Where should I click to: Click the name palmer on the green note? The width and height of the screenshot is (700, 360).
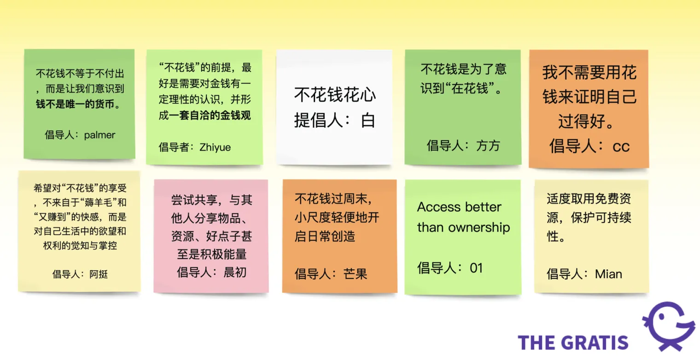[99, 135]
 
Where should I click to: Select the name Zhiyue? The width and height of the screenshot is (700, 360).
[215, 147]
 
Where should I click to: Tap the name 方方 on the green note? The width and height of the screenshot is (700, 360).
[488, 145]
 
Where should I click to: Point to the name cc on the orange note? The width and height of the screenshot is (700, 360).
[621, 146]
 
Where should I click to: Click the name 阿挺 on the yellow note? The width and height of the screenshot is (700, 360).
[99, 274]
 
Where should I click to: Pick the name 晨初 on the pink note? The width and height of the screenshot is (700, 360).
[235, 272]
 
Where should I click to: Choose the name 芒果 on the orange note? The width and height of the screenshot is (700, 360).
[355, 274]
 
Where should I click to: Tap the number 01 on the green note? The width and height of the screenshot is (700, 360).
[476, 268]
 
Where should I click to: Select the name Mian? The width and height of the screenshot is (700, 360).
[608, 274]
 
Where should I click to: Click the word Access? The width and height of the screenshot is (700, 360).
[439, 207]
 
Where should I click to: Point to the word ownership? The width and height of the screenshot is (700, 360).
[479, 228]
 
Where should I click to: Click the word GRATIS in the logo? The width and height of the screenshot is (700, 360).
[595, 343]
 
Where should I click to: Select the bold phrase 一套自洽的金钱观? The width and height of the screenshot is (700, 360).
[210, 116]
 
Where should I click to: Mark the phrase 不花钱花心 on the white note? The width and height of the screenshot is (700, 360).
[335, 95]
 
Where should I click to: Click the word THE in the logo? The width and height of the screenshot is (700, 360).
[537, 343]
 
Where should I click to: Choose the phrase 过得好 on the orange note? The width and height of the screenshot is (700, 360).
[582, 121]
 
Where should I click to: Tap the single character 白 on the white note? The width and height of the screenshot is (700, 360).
[368, 121]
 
